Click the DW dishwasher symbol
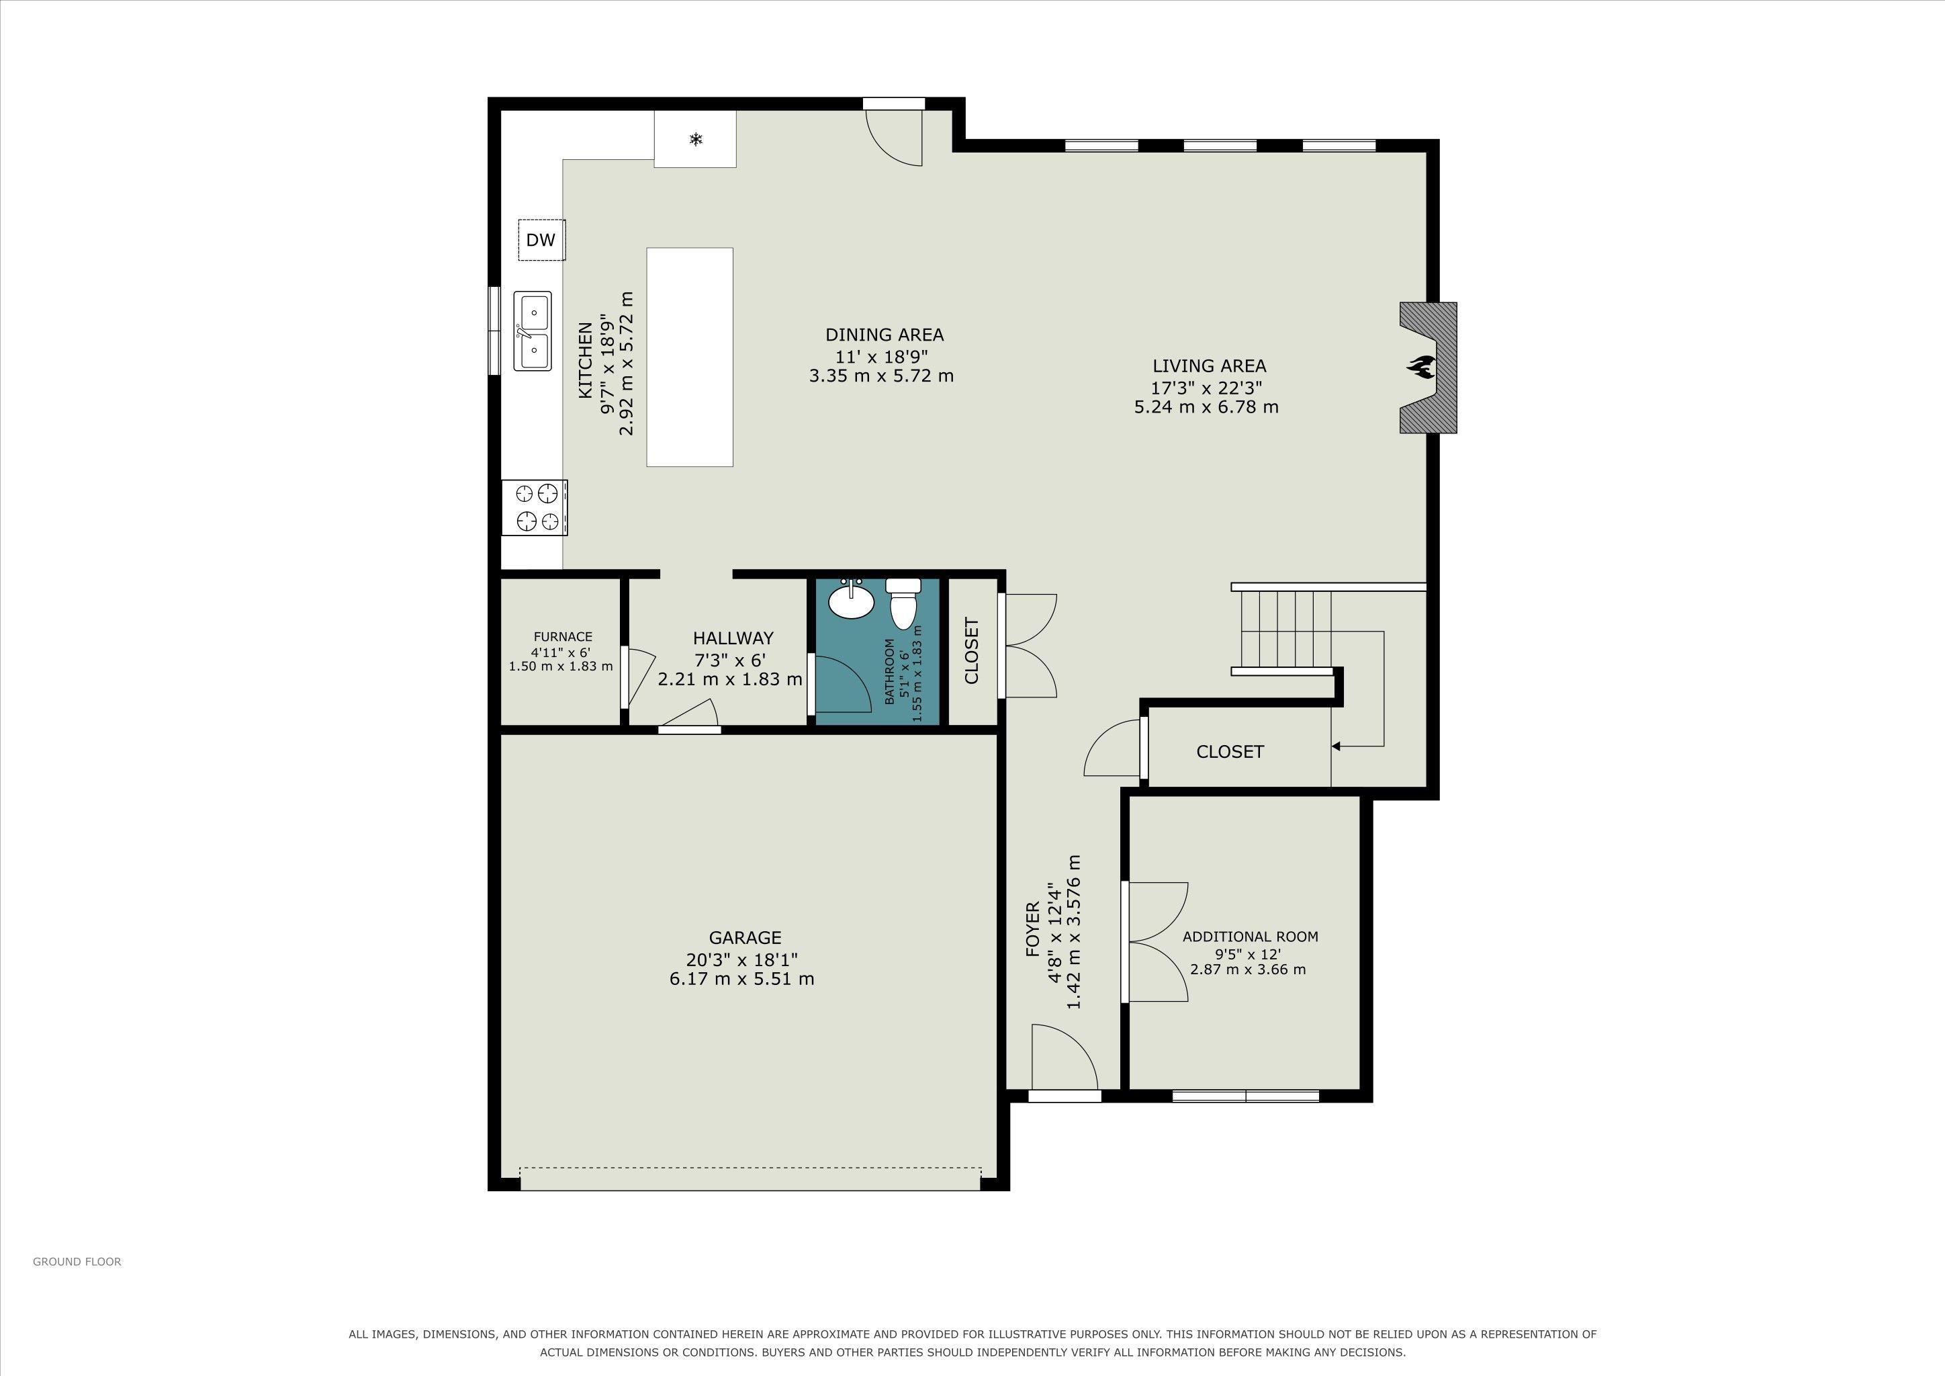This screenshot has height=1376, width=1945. (541, 240)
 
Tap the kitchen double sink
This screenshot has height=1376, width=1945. (533, 331)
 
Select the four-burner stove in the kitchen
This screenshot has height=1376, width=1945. (535, 507)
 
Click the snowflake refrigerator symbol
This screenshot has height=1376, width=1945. (696, 139)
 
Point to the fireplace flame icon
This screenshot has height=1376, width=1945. (1420, 367)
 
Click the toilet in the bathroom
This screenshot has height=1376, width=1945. (904, 603)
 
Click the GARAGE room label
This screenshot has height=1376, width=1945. (745, 938)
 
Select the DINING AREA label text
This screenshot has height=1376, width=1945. (885, 335)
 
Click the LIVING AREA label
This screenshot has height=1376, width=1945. (1209, 366)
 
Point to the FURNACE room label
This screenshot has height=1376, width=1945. (563, 636)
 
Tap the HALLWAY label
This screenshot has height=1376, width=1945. (733, 638)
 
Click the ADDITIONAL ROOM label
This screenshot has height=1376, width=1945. (1251, 936)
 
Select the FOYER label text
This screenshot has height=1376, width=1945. (1033, 929)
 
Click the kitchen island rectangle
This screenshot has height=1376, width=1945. (690, 357)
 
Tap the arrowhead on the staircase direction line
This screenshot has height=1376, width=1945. (1336, 746)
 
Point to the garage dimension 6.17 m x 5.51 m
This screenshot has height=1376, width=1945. (742, 980)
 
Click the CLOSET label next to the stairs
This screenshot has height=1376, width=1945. (1230, 752)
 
